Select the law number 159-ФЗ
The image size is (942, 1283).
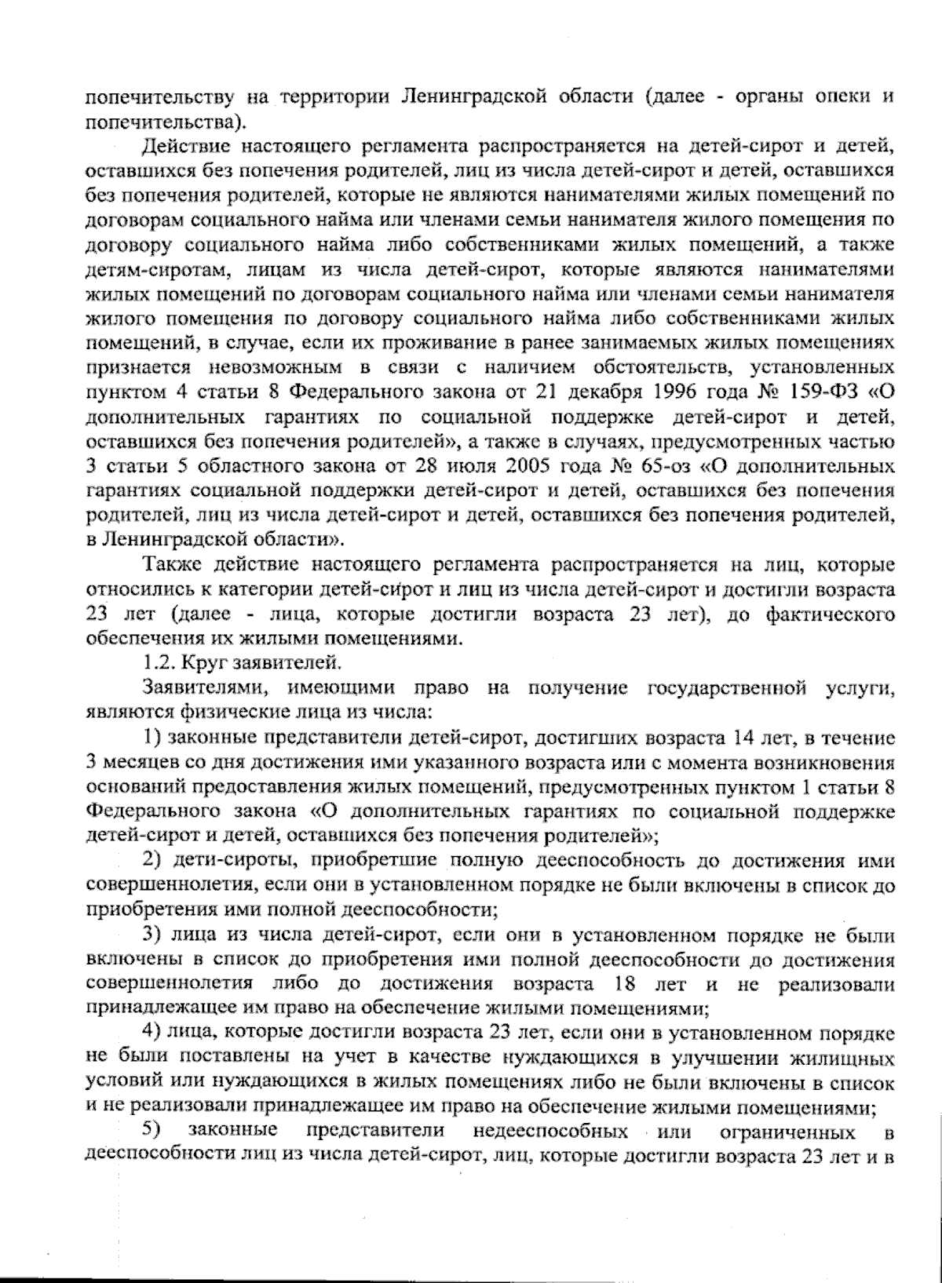[824, 391]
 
